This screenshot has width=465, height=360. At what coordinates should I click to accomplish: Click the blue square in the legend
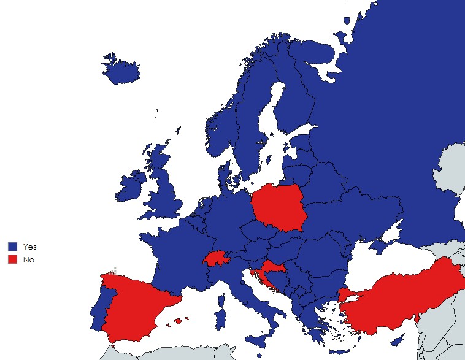tap(12, 246)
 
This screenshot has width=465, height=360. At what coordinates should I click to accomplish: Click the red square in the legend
tap(12, 259)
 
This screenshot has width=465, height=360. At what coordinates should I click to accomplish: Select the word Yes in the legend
tap(29, 246)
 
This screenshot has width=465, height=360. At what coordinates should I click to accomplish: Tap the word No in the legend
tap(28, 259)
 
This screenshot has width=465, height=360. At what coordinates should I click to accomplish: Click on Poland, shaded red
tap(279, 207)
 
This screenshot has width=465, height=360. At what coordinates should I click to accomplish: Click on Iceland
tap(121, 71)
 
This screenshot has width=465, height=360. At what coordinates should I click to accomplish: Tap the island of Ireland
tap(130, 186)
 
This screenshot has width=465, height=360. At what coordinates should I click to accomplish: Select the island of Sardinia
tap(219, 318)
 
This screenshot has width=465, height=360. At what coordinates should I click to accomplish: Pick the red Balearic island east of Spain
tap(179, 320)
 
